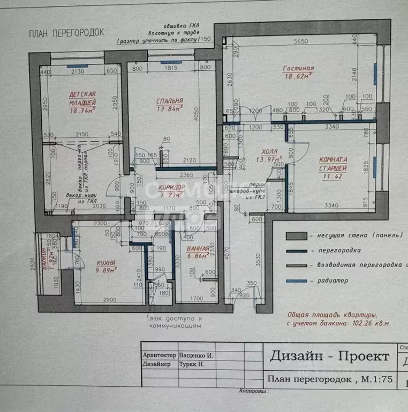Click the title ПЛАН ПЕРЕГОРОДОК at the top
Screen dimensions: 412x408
[66, 33]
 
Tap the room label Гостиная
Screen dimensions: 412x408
[298, 69]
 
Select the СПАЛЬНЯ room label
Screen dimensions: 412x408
[170, 100]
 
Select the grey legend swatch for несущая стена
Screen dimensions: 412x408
[296, 235]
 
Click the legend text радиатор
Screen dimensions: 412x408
[331, 280]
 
